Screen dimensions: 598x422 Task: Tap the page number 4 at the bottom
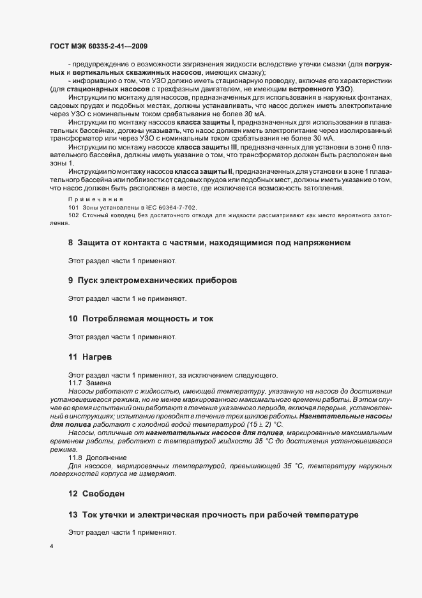pos(52,546)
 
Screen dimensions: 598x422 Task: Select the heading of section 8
pos(209,243)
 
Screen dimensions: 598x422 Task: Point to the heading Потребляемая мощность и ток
pos(139,318)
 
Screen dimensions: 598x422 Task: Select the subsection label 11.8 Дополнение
pos(98,458)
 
